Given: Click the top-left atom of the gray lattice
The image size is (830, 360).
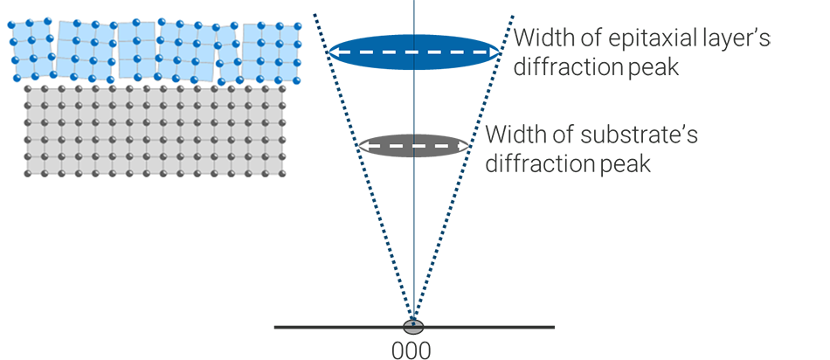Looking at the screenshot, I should pos(29,89).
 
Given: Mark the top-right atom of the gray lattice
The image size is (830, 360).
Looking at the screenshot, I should pos(282,89).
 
